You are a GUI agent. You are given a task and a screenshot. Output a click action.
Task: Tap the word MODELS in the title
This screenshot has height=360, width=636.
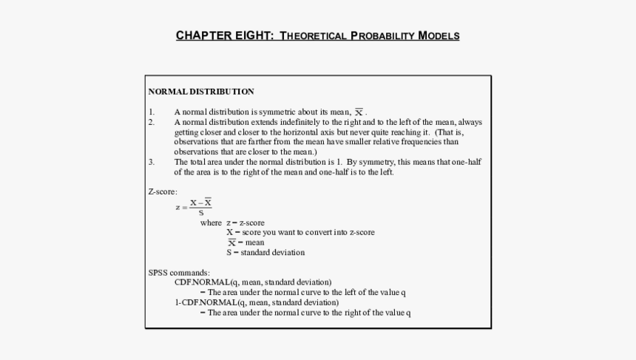(x=439, y=35)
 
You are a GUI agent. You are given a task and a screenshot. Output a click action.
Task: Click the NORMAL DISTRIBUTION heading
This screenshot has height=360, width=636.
(x=201, y=92)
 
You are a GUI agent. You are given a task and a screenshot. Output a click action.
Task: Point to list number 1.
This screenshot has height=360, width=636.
(x=152, y=112)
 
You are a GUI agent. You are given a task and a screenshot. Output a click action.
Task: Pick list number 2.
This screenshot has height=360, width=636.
(x=152, y=122)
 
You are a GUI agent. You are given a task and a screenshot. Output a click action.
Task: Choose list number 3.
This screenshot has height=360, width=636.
(x=152, y=162)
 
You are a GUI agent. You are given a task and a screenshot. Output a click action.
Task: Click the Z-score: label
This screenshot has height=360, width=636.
(x=163, y=191)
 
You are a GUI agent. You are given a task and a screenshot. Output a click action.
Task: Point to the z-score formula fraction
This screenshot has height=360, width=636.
(x=200, y=207)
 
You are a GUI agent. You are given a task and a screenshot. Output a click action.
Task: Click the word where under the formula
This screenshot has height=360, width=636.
(x=211, y=223)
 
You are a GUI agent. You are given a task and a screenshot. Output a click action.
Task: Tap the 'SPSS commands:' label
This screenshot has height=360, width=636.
(x=179, y=272)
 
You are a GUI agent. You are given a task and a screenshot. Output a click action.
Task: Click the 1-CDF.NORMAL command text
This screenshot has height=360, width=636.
(x=206, y=302)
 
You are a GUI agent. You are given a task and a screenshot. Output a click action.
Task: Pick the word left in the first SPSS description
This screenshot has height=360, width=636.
(x=350, y=292)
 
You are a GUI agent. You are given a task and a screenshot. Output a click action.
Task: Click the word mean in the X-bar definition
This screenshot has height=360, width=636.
(x=255, y=242)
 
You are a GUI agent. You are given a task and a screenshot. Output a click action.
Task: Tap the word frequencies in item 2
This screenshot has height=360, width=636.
(x=426, y=142)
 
